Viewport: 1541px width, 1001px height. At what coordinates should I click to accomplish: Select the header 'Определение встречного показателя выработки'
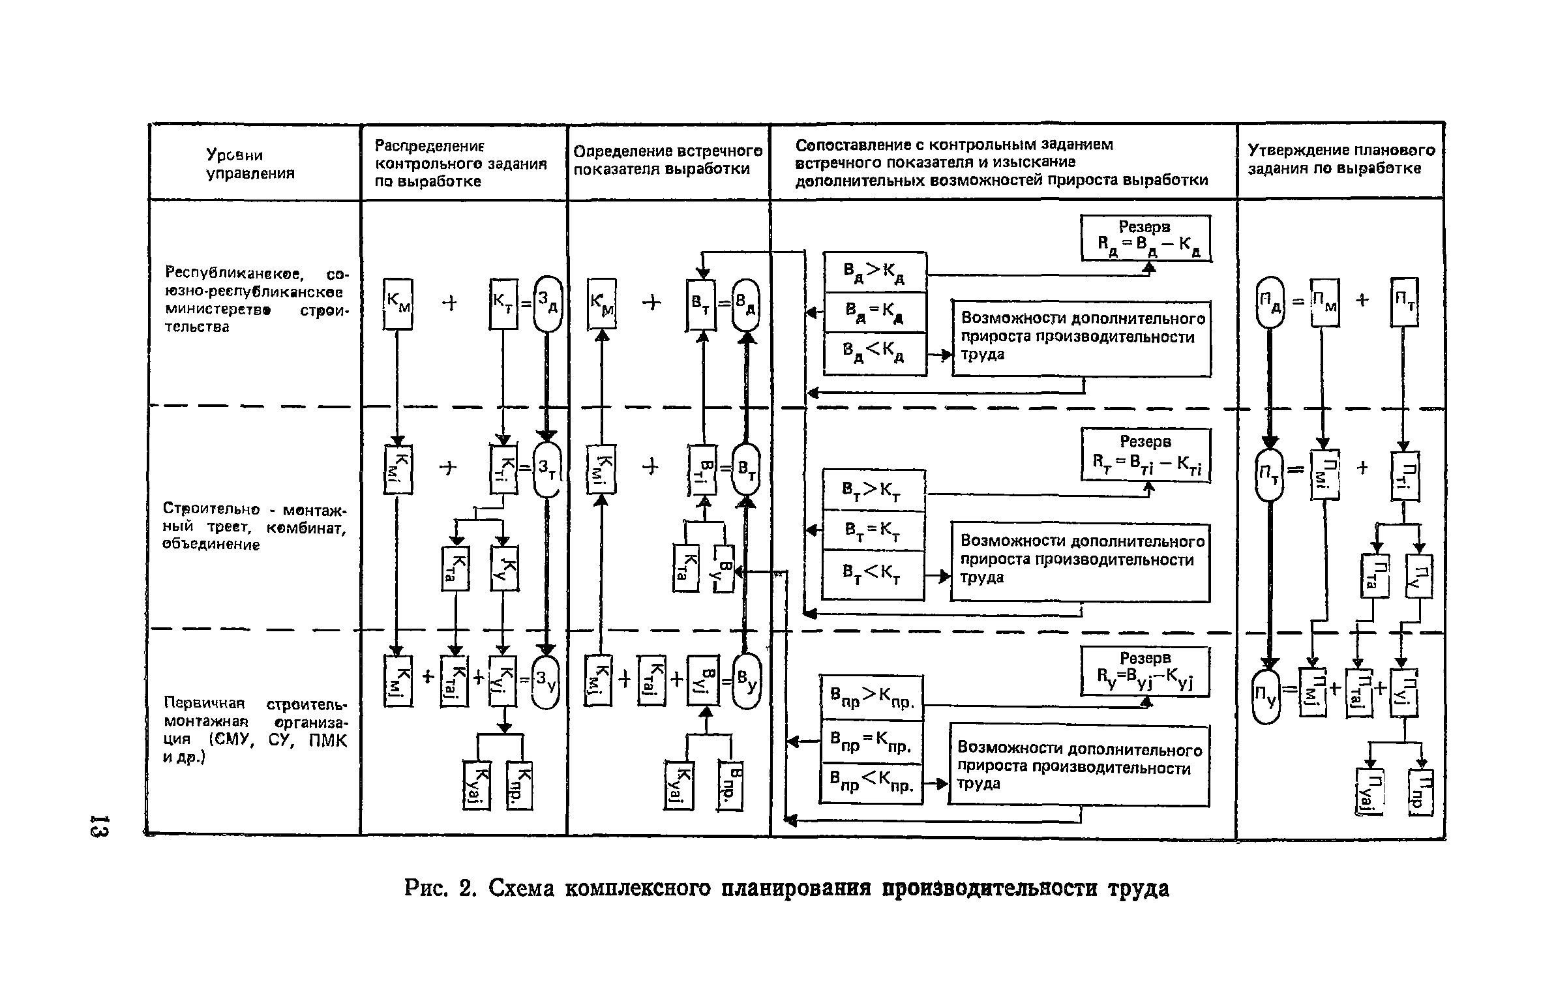[x=668, y=160]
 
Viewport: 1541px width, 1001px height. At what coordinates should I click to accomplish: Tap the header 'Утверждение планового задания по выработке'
[x=1341, y=159]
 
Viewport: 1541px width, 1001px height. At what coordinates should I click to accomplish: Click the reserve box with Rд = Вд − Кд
[x=1146, y=238]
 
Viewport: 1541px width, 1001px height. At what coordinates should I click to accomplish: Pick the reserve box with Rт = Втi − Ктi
[x=1146, y=455]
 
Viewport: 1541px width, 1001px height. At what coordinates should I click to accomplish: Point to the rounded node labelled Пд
[x=1269, y=303]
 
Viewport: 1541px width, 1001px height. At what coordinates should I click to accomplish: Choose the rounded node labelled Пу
[x=1266, y=695]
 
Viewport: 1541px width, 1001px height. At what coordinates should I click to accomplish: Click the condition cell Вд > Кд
[x=875, y=272]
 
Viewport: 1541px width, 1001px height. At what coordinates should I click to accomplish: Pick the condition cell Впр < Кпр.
[x=871, y=782]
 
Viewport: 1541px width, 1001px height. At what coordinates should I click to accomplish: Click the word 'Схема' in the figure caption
[x=521, y=888]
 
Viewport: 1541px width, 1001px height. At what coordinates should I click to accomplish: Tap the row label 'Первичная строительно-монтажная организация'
[x=255, y=731]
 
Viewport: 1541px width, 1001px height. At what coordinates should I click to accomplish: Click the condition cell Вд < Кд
[x=875, y=355]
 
